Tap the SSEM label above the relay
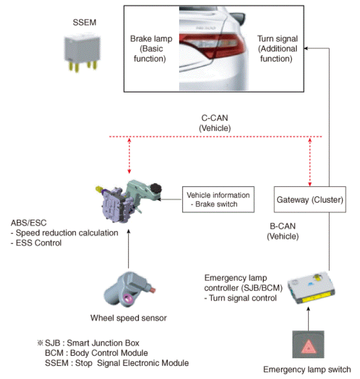(85, 22)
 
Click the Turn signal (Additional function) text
(277, 49)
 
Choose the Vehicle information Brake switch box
(218, 199)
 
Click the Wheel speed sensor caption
(128, 318)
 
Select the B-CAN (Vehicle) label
(283, 231)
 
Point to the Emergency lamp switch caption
(307, 369)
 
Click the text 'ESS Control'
(38, 243)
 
